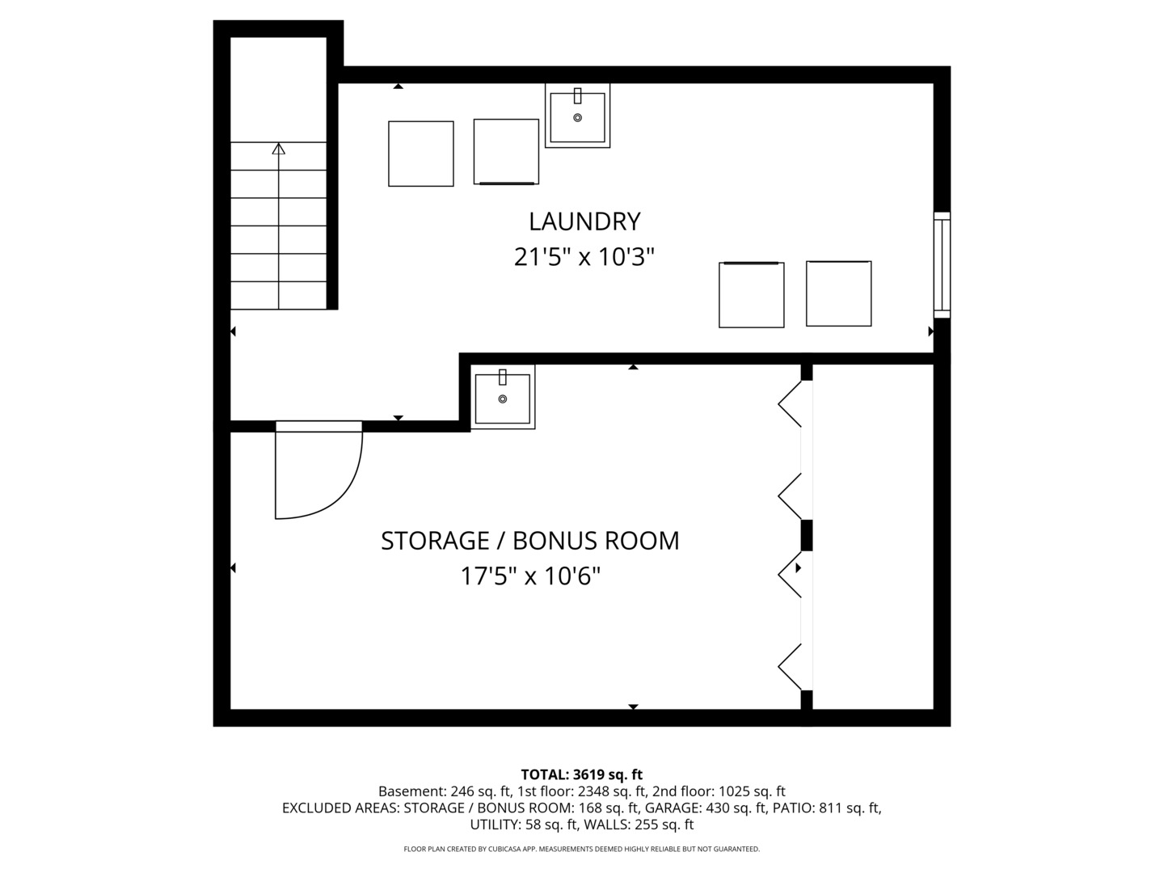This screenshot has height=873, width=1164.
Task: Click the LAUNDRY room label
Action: [584, 221]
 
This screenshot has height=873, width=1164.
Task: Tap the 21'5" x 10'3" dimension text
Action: [584, 257]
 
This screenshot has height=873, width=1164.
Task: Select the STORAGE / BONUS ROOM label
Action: [529, 541]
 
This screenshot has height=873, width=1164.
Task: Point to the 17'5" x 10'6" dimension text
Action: [529, 576]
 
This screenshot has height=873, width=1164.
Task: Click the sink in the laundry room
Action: [577, 115]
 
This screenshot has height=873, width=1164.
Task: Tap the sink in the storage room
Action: [502, 396]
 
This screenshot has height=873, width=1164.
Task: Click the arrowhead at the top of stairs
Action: [278, 149]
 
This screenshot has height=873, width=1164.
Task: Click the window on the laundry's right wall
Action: [942, 265]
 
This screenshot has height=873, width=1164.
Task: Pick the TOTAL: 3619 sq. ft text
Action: [582, 774]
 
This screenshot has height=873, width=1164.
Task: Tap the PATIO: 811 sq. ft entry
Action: [825, 808]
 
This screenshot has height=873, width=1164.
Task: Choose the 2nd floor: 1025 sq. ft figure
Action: [719, 791]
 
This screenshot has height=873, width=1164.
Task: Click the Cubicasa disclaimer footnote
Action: [582, 849]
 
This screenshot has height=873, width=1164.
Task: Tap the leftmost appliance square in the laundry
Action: [420, 154]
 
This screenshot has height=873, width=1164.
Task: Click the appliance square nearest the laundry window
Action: [838, 293]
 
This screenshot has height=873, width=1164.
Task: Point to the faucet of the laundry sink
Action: [577, 96]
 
